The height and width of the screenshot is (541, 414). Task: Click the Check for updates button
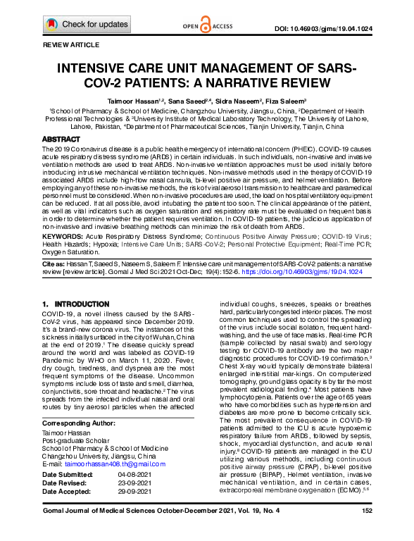87,25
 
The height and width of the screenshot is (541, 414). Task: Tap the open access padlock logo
205,26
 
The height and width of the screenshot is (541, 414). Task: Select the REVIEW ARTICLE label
72,44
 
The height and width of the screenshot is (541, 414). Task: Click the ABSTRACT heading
61,140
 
